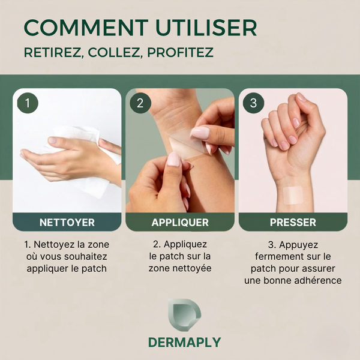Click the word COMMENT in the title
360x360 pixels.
click(x=86, y=28)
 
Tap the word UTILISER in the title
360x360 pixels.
click(x=206, y=28)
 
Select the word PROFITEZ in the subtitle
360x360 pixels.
click(x=181, y=52)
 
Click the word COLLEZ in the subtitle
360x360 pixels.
click(x=114, y=52)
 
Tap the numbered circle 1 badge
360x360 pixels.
click(x=28, y=103)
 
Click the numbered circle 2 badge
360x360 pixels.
click(x=140, y=103)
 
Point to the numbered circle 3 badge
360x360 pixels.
click(x=253, y=103)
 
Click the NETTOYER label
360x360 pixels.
click(x=67, y=222)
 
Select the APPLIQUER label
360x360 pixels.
click(x=180, y=222)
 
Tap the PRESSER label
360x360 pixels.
click(x=293, y=222)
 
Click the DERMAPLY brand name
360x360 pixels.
click(x=185, y=343)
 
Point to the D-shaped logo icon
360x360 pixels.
click(x=184, y=315)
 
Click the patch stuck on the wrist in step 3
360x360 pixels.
click(x=293, y=195)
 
